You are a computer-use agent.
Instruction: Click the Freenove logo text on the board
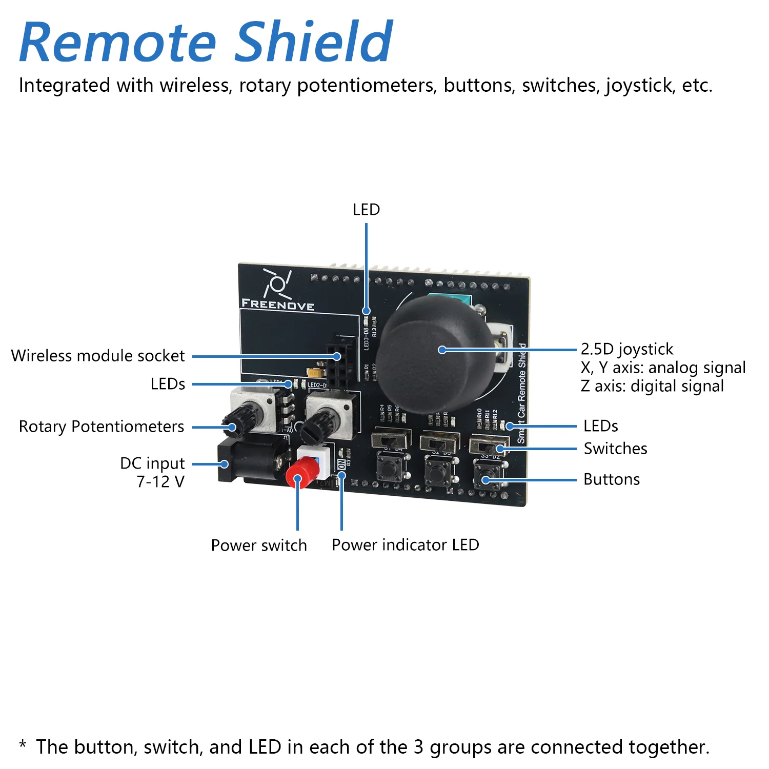(277, 305)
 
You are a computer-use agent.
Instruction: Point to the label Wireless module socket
(97, 356)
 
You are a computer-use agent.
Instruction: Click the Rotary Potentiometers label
(101, 427)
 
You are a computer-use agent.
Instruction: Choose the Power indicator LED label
(405, 545)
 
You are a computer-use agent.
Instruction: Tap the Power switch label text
(259, 545)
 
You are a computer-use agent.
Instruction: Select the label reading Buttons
(612, 479)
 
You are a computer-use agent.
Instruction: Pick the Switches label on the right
(615, 449)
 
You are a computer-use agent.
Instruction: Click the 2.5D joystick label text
(626, 349)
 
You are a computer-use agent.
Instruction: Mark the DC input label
(152, 463)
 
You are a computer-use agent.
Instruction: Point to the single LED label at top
(366, 210)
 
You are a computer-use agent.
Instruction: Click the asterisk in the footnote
(23, 744)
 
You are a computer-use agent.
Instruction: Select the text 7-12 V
(160, 482)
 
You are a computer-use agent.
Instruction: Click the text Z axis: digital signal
(652, 386)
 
